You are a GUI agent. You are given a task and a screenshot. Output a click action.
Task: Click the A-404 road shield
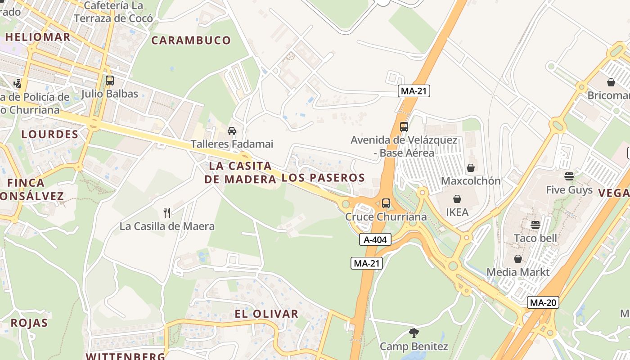[x=375, y=240]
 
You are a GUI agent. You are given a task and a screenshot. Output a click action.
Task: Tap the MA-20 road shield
[x=543, y=303]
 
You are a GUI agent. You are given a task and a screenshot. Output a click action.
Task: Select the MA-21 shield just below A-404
[x=367, y=264]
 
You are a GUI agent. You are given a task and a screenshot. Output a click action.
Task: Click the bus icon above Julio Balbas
[x=110, y=81]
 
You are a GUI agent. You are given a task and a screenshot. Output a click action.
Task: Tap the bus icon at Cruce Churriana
[x=386, y=203]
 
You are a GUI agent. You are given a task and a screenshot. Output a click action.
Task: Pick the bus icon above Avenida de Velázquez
[x=404, y=127]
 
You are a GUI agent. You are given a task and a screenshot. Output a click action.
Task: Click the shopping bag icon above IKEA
[x=457, y=199]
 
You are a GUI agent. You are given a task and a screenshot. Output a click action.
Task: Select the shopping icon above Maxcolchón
[x=471, y=168]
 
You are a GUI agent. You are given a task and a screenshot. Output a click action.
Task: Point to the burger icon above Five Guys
[x=569, y=176]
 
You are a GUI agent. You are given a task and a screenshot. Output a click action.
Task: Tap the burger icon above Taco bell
[x=535, y=225]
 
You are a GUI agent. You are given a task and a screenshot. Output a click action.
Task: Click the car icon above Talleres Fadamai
[x=232, y=131]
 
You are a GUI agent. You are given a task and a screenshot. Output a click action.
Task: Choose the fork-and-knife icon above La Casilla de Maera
[x=167, y=212]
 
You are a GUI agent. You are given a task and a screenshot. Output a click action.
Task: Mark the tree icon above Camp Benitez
[x=414, y=333]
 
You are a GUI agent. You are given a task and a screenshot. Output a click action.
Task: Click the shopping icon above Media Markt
[x=518, y=259]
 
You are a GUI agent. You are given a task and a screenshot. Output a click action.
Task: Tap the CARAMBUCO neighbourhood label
[x=191, y=40]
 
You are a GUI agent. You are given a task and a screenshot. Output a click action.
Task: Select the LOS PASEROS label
[x=323, y=178]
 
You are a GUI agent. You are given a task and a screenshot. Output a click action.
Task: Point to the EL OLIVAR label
[x=266, y=314]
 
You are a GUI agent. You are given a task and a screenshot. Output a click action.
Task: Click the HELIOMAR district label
[x=38, y=37]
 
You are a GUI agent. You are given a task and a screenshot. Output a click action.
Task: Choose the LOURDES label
[x=50, y=134]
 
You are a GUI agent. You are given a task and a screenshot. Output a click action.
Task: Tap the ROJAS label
[x=29, y=323]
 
